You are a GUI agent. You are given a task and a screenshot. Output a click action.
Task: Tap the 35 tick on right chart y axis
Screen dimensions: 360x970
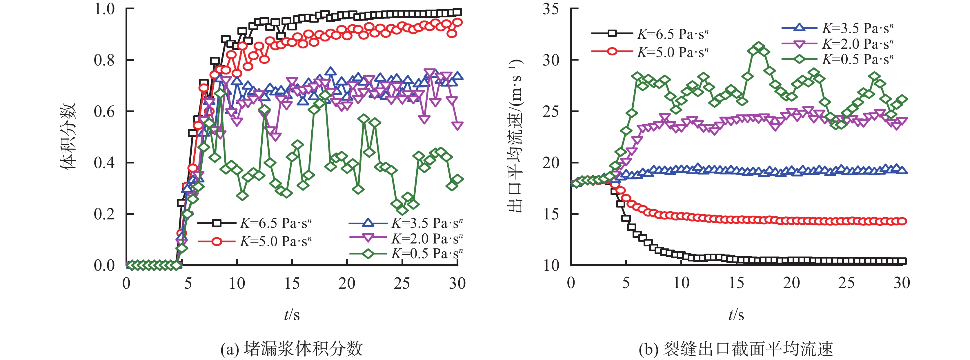(x=551, y=9)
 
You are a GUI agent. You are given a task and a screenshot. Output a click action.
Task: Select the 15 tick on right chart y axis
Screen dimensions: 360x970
(x=551, y=214)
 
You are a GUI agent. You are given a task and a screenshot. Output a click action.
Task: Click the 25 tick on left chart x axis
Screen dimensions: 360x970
(x=402, y=283)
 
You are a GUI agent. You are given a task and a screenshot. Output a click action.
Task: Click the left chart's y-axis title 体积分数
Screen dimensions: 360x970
(x=68, y=136)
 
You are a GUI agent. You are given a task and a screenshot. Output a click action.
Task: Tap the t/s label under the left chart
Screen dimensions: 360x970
(x=292, y=314)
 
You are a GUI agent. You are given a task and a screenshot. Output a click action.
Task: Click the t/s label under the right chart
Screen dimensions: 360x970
(x=736, y=314)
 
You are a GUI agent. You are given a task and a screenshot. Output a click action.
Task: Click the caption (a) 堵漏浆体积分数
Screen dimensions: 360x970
(x=292, y=349)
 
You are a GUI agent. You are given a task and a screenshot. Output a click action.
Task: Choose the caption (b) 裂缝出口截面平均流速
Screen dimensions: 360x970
(x=736, y=349)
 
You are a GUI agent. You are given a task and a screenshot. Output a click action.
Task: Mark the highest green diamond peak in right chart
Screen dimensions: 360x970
(x=759, y=47)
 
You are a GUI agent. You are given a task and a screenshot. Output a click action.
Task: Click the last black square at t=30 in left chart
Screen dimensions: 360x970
(x=457, y=12)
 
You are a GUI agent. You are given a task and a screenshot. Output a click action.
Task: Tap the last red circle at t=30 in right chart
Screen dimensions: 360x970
(x=902, y=221)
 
